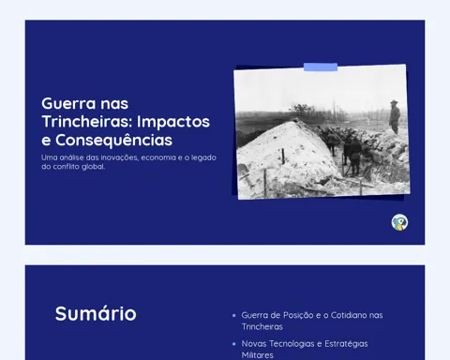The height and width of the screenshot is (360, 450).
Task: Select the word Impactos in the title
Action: coord(173,122)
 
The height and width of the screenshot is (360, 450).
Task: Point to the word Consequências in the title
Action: coord(113,140)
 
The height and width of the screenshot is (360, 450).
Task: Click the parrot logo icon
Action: coord(399,222)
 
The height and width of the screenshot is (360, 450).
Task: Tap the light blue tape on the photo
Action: coord(321,67)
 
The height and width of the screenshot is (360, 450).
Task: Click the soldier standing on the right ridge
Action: coord(395,117)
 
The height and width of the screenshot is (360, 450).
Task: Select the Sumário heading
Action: coord(96,313)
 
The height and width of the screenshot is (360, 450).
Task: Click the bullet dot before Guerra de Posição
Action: coord(234,316)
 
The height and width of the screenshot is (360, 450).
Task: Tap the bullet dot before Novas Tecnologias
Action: coord(234,344)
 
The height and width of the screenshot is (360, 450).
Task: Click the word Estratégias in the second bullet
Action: coord(346,344)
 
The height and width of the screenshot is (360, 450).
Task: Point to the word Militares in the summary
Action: coord(258,355)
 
